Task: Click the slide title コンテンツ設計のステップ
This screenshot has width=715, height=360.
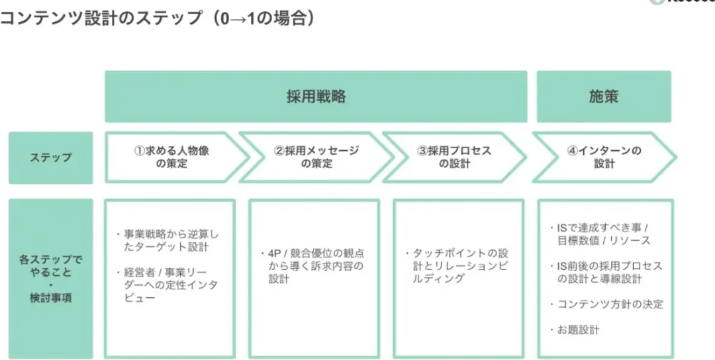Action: [x=101, y=19]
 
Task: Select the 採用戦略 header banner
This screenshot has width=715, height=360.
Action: [x=316, y=97]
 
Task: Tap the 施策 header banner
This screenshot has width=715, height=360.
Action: [x=604, y=97]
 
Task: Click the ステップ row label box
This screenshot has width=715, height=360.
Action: [x=50, y=157]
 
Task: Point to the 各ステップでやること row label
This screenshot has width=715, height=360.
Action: [x=50, y=266]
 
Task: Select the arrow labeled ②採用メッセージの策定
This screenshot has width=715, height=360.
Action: [x=316, y=157]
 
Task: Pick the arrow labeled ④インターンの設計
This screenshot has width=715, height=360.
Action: [x=604, y=157]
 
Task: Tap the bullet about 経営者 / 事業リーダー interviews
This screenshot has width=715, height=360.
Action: [x=167, y=285]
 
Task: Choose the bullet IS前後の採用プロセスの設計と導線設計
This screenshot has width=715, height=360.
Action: [x=606, y=273]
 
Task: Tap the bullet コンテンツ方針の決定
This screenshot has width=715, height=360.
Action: [x=606, y=304]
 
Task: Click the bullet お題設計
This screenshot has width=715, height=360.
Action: [x=575, y=330]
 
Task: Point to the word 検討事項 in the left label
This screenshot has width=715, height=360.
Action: [x=50, y=298]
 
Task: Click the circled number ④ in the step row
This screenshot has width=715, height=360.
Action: [x=573, y=152]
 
